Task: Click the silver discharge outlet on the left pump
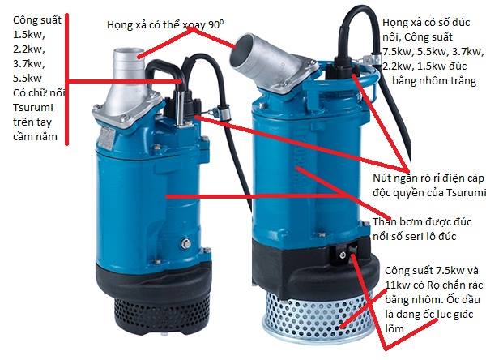point(128,81)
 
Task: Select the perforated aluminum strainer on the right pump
point(316,316)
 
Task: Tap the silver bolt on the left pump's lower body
point(186,243)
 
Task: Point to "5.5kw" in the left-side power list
point(28,78)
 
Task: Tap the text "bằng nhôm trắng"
point(434,81)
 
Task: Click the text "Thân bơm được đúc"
point(422,222)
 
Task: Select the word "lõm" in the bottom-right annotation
point(394,328)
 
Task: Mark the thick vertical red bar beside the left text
point(66,79)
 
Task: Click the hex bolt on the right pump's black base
point(342,255)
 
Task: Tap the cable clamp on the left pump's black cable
point(224,110)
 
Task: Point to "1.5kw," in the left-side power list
point(29,34)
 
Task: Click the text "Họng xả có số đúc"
point(426,23)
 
